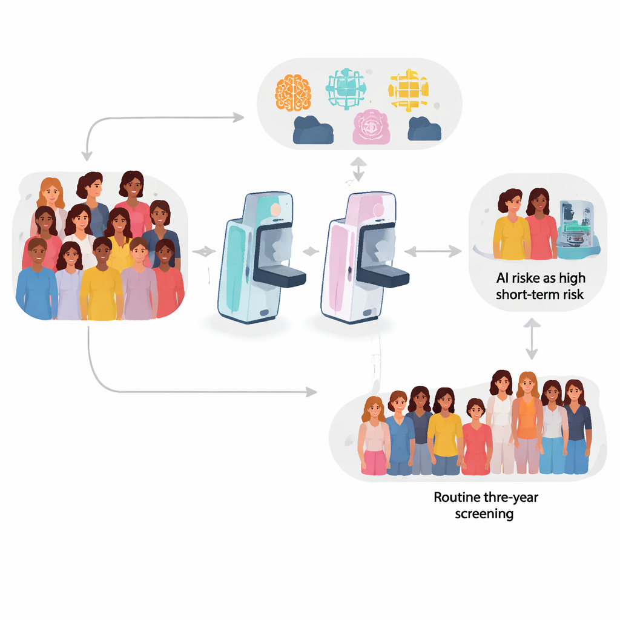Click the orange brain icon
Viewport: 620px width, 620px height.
(x=293, y=92)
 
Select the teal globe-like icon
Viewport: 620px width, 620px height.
(x=346, y=88)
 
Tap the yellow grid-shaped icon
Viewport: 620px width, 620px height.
(x=409, y=90)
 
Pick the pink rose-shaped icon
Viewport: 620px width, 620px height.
(x=371, y=127)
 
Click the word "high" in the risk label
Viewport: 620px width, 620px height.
(x=572, y=279)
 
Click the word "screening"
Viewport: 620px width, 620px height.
(x=484, y=515)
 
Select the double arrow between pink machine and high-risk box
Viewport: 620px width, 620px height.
(x=433, y=251)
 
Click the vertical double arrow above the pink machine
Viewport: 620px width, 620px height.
(x=358, y=170)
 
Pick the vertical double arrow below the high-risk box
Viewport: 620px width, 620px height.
(x=532, y=339)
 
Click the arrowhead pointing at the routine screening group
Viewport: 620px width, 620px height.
(x=312, y=392)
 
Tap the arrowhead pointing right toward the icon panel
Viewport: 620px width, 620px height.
(x=239, y=117)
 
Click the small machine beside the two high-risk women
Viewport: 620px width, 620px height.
(x=578, y=229)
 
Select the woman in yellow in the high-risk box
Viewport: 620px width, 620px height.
(x=511, y=225)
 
